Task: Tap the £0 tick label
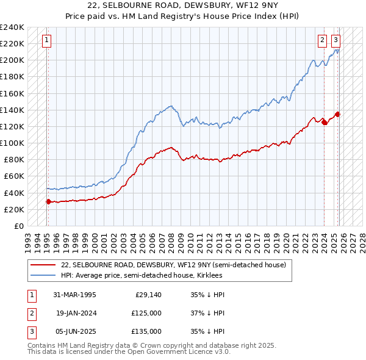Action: pos(18,226)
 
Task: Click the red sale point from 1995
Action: pos(48,201)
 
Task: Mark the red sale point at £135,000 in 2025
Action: pos(338,114)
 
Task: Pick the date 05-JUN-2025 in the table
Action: pos(74,331)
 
